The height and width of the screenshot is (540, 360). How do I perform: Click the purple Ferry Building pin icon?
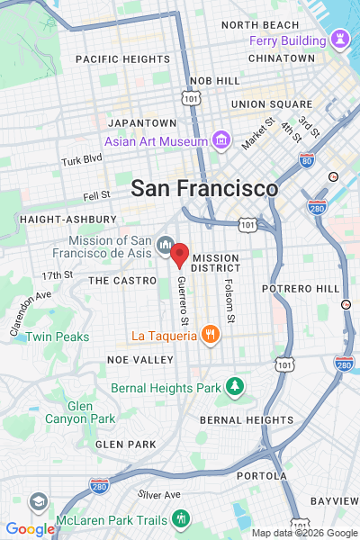pos(339,40)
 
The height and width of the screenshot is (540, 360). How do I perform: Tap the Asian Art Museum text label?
pos(156,141)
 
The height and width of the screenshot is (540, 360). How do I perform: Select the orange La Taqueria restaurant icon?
pos(210,335)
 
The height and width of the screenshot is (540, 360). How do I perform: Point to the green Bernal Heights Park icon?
pos(235,386)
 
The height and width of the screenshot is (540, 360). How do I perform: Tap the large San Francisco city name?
pos(204,189)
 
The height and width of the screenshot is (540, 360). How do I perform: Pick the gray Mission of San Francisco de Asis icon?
pos(165,245)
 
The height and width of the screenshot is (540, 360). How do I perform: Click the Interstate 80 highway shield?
pos(307,160)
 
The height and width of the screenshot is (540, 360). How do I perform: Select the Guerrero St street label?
pos(183,301)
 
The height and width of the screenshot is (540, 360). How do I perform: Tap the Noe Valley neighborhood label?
pos(139,359)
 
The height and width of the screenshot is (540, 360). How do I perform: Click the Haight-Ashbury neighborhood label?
pos(67,219)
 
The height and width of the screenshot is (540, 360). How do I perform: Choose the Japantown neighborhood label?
pos(142,122)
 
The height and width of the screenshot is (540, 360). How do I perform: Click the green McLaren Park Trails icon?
pos(181,518)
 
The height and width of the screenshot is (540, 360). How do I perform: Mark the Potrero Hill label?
pos(300,288)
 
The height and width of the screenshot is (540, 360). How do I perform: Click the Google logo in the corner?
pos(30,529)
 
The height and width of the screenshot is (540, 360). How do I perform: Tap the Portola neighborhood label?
pos(262,475)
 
